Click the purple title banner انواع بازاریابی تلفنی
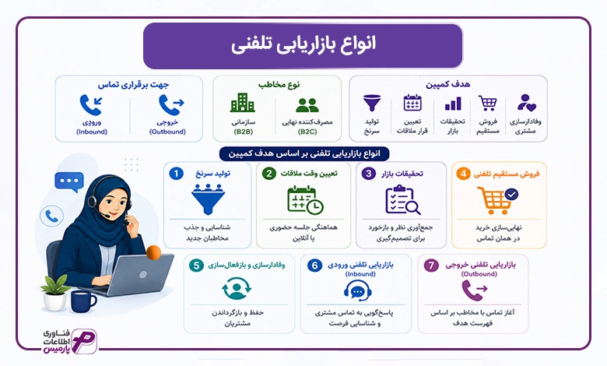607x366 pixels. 303,46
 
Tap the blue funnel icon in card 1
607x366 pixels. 208,199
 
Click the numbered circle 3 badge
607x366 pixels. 369,174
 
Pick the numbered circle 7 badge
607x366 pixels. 431,266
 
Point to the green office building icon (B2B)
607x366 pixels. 243,103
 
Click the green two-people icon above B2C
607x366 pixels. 307,105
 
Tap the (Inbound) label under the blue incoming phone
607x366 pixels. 92,132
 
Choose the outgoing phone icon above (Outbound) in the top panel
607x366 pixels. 171,104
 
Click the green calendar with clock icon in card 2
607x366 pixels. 305,200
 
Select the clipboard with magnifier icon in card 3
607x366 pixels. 402,200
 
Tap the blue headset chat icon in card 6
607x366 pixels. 358,290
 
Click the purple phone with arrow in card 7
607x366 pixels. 474,290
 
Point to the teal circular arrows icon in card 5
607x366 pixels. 237,289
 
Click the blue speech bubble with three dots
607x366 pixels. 69,181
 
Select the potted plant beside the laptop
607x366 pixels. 55,293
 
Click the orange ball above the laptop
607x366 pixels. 153,252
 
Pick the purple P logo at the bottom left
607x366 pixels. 84,342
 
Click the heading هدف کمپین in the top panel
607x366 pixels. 448,84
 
